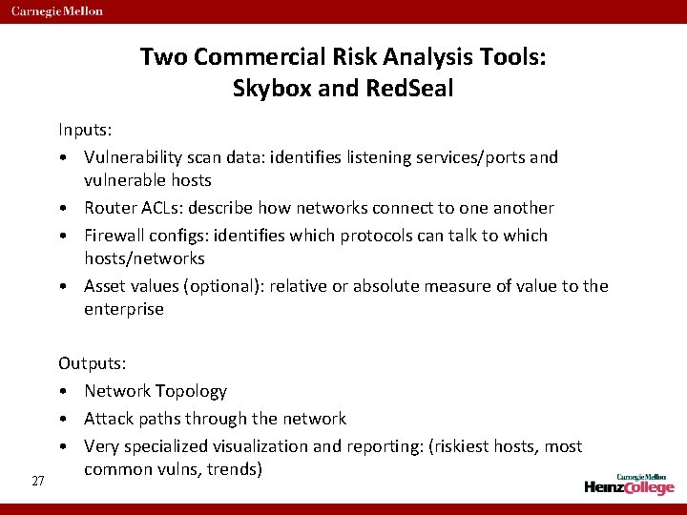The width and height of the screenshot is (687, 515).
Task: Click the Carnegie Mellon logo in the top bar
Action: click(57, 11)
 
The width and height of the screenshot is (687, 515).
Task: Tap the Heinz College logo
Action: click(630, 484)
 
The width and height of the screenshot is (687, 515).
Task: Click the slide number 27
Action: click(38, 481)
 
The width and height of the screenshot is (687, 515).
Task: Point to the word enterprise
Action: click(123, 309)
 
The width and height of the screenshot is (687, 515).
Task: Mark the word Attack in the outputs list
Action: click(110, 419)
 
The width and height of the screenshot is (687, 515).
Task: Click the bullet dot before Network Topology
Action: click(62, 392)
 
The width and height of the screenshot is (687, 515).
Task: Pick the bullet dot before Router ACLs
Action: click(62, 208)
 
